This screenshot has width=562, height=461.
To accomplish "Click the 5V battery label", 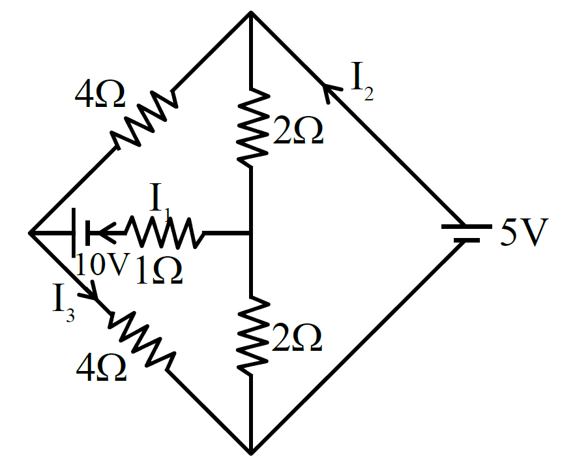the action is click(524, 232).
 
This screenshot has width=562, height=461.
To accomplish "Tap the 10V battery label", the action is click(102, 264).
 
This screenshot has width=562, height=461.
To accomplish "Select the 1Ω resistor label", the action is click(160, 271).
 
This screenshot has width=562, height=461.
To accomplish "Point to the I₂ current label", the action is click(362, 82).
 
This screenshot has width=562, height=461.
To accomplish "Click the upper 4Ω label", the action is click(100, 95).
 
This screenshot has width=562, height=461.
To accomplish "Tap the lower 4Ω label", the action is click(102, 368).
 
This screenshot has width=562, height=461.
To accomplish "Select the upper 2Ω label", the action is click(298, 131).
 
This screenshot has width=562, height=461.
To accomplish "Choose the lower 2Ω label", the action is click(297, 337).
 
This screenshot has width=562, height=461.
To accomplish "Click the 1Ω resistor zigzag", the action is click(164, 232).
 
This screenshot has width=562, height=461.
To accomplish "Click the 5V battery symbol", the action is click(466, 233).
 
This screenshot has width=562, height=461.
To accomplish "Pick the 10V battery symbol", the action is click(81, 232).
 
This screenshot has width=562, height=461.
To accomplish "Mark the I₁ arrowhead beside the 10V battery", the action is click(106, 233).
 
